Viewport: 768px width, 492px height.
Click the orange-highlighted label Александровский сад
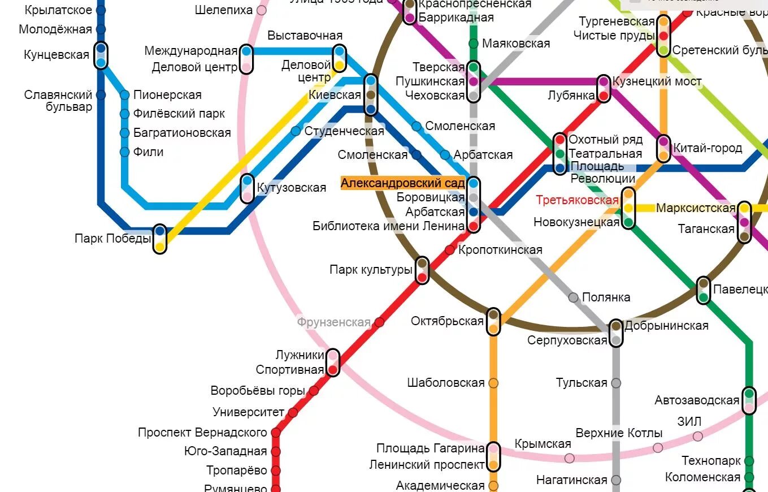click(x=402, y=183)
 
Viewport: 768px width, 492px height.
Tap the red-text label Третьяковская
click(x=577, y=200)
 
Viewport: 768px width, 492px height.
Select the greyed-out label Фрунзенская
click(x=333, y=323)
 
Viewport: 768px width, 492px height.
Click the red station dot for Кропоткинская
click(x=450, y=250)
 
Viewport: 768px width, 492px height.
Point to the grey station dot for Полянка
click(x=573, y=297)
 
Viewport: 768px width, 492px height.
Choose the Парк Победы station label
click(x=112, y=239)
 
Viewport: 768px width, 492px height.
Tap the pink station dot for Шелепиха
click(x=262, y=10)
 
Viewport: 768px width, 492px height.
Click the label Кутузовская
click(x=291, y=188)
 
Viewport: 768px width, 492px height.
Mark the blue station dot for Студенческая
click(x=296, y=131)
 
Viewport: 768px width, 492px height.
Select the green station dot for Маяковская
click(x=474, y=44)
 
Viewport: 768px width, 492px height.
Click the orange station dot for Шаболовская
click(x=493, y=383)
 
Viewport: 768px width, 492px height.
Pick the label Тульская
click(x=582, y=383)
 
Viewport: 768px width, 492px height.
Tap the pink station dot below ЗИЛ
click(x=698, y=436)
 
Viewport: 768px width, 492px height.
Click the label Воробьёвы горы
click(x=257, y=391)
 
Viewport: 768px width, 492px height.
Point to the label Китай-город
click(x=707, y=148)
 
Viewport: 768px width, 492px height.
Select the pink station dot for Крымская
click(x=569, y=458)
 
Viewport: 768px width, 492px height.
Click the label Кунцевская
click(x=57, y=55)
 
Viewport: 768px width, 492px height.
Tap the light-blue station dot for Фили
click(x=125, y=152)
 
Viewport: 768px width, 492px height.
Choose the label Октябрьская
click(x=447, y=321)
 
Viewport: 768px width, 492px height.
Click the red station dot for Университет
click(x=293, y=413)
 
